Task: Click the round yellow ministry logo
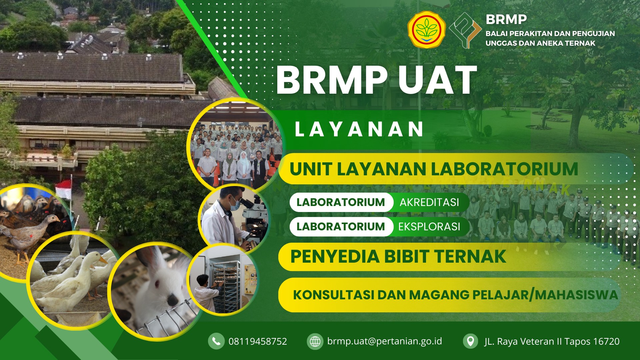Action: pos(427,30)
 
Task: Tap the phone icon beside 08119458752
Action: pos(216,341)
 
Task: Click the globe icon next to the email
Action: pos(315,341)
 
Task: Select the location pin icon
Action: pos(471,341)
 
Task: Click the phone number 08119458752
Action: pos(258,341)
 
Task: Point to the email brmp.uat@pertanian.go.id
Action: pos(385,341)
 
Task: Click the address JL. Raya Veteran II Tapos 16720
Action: pos(552,342)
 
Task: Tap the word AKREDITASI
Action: pos(429,202)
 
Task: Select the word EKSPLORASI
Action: pos(429,227)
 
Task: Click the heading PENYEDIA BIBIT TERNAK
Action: pos(398,256)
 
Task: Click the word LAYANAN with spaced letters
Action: pos(359,129)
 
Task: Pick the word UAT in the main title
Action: pos(437,80)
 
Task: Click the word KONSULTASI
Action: pos(333,295)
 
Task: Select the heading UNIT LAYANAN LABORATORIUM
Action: pos(434,169)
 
